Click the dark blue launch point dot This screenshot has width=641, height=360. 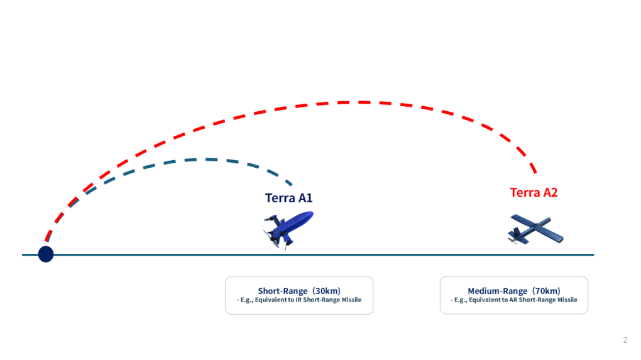(x=46, y=254)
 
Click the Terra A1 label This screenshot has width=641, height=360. (x=288, y=198)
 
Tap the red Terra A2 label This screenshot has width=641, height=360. (x=534, y=192)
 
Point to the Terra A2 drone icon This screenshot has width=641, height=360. (x=535, y=231)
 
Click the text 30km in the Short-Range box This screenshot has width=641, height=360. (x=326, y=291)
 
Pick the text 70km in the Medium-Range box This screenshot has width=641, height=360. (x=546, y=291)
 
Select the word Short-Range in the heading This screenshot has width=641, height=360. (x=283, y=291)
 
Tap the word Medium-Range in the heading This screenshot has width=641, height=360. (x=498, y=291)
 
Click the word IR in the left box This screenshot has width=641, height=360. (x=299, y=300)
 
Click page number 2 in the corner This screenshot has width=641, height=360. (x=625, y=341)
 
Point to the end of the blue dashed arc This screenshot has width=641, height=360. (x=292, y=185)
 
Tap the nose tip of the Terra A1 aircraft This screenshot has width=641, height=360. (x=312, y=214)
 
